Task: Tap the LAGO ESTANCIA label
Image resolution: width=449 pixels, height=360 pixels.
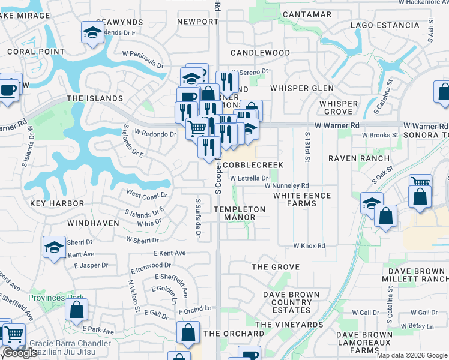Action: click(x=385, y=25)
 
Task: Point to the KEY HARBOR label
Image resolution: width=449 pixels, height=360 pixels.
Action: click(x=57, y=204)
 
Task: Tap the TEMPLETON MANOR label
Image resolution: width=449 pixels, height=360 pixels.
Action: click(x=240, y=213)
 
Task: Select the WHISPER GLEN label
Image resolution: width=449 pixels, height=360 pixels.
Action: click(x=301, y=88)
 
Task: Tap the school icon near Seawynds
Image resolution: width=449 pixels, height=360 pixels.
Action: click(x=92, y=33)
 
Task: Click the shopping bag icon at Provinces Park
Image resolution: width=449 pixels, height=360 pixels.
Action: click(x=76, y=310)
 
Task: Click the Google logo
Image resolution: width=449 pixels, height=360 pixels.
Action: click(x=20, y=353)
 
